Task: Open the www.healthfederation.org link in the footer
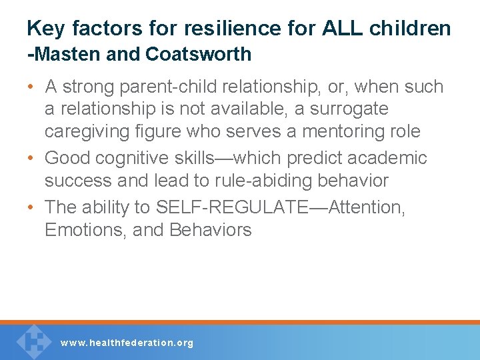[127, 343]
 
